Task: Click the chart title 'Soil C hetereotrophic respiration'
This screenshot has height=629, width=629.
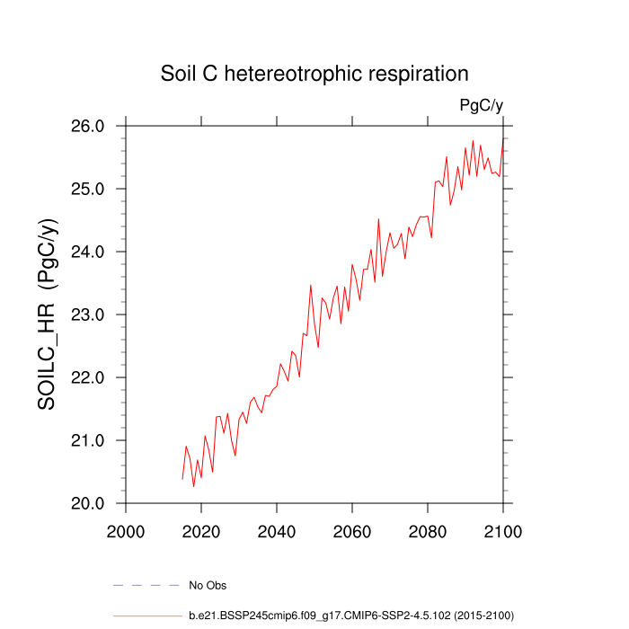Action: (x=314, y=73)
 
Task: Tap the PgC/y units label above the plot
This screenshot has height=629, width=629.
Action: (x=481, y=106)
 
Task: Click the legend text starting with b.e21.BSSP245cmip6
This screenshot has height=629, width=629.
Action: (x=350, y=616)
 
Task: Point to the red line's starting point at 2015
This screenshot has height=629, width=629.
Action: (x=182, y=478)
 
